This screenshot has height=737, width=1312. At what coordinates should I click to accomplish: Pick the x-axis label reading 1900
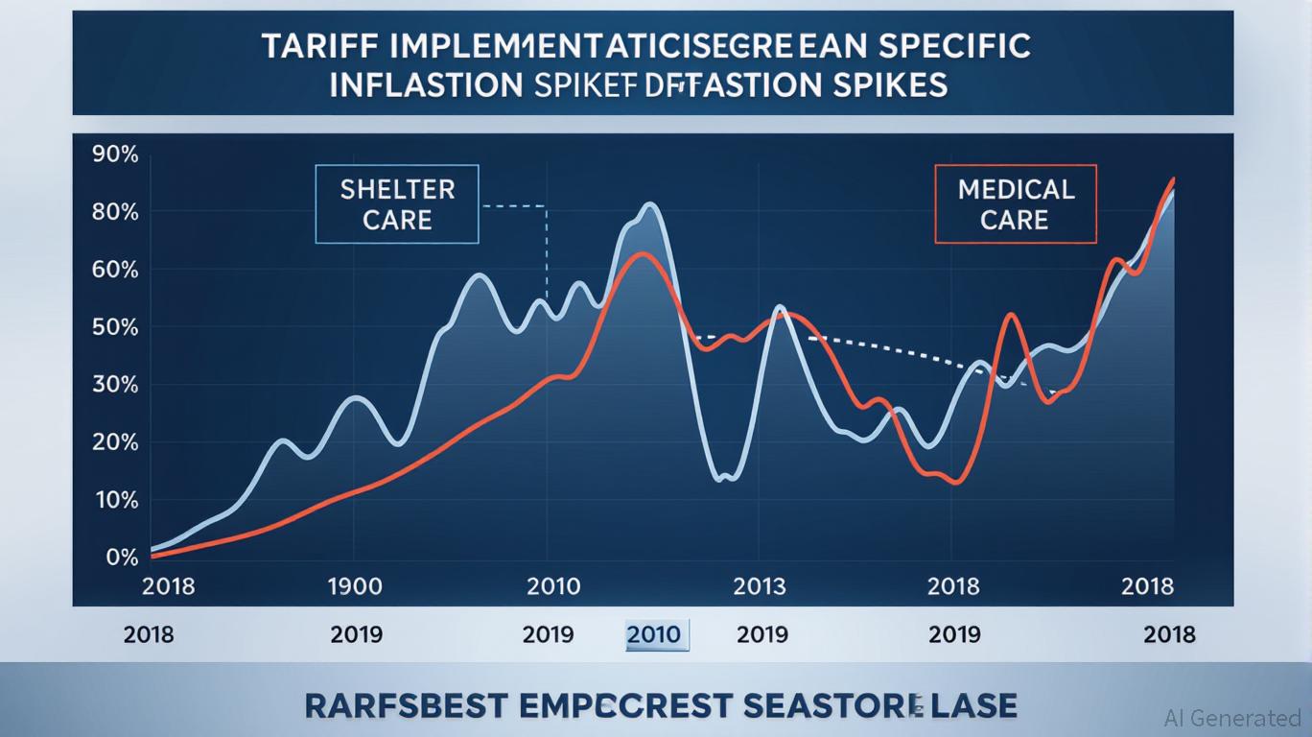[x=356, y=585]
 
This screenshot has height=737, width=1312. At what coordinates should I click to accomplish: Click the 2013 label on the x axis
[x=759, y=585]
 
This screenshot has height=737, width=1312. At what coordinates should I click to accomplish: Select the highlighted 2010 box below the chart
[x=657, y=634]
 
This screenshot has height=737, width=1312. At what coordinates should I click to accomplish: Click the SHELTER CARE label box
[x=397, y=203]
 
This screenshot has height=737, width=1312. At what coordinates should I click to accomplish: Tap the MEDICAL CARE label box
[x=1016, y=203]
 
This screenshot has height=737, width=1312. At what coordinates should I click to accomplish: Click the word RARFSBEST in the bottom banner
[x=406, y=705]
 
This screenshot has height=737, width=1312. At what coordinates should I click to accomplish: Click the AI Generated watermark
[x=1231, y=717]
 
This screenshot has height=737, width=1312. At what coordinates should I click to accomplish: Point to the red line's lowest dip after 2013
[x=953, y=482]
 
